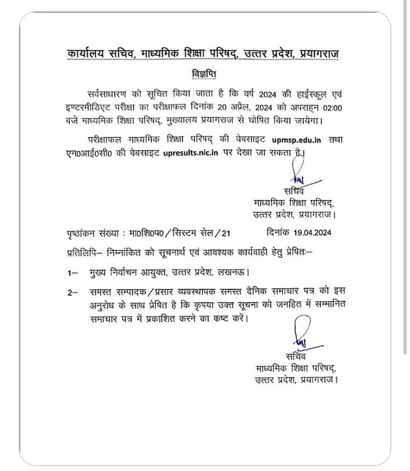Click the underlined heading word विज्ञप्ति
tap(204, 73)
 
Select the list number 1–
tap(73, 272)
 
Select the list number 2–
tap(73, 293)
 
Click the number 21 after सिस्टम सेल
tap(224, 233)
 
